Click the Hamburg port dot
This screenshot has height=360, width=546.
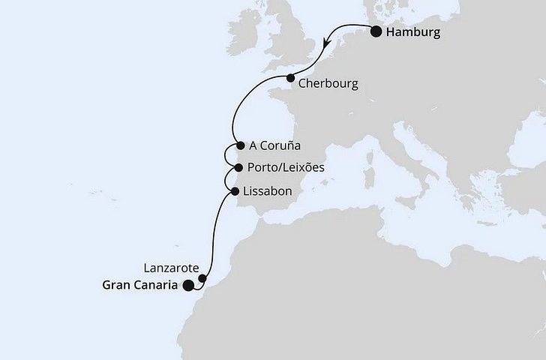(376, 32)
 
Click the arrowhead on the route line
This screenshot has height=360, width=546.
(326, 45)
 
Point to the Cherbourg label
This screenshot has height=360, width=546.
(328, 83)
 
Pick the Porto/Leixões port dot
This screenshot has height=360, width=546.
(238, 168)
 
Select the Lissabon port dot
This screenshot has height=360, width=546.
(236, 191)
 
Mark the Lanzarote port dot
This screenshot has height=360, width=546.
(202, 278)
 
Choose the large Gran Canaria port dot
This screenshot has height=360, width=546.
(187, 284)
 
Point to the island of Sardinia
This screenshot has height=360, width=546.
(369, 178)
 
